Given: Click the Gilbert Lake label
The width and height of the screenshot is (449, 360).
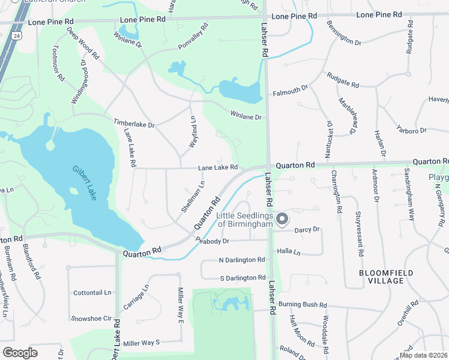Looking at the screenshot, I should click(85, 183).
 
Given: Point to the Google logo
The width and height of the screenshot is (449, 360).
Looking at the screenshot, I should click(20, 352).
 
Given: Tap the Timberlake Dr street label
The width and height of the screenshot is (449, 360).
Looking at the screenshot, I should click(134, 123).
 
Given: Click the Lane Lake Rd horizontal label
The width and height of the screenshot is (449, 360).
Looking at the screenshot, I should click(218, 167).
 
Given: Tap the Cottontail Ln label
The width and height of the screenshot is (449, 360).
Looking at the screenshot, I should click(92, 293).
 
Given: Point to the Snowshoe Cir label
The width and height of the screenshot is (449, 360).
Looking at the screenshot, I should click(91, 318).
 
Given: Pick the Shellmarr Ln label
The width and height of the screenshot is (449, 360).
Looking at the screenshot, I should click(193, 196).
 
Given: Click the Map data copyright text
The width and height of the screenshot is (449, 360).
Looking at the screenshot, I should click(423, 355).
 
